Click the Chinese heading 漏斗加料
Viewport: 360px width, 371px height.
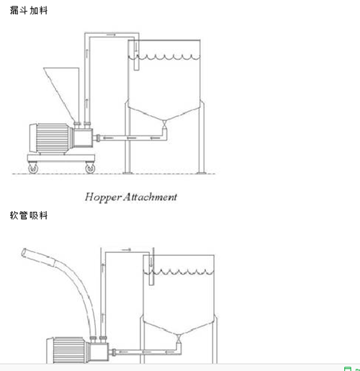29,10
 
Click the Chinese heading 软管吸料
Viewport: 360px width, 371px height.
29,215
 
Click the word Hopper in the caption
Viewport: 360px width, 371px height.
103,197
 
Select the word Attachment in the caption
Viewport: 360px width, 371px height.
150,197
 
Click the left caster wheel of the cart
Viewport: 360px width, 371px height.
33,169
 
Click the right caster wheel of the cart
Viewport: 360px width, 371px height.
90,169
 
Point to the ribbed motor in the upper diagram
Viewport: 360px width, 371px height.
51,138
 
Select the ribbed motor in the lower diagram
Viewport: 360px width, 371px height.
68,350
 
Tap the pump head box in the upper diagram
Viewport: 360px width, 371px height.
83,138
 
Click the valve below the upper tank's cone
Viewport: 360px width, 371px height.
164,125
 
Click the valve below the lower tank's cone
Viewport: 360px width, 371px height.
179,339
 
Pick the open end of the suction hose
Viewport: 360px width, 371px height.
24,253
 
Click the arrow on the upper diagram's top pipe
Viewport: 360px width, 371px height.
111,35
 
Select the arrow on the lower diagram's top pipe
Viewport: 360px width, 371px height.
126,250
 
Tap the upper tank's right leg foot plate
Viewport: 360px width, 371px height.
201,173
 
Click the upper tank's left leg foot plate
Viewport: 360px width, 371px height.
127,173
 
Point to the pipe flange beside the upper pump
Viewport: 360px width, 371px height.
98,138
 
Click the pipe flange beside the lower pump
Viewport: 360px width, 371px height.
114,352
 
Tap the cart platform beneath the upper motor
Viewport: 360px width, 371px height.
61,158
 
